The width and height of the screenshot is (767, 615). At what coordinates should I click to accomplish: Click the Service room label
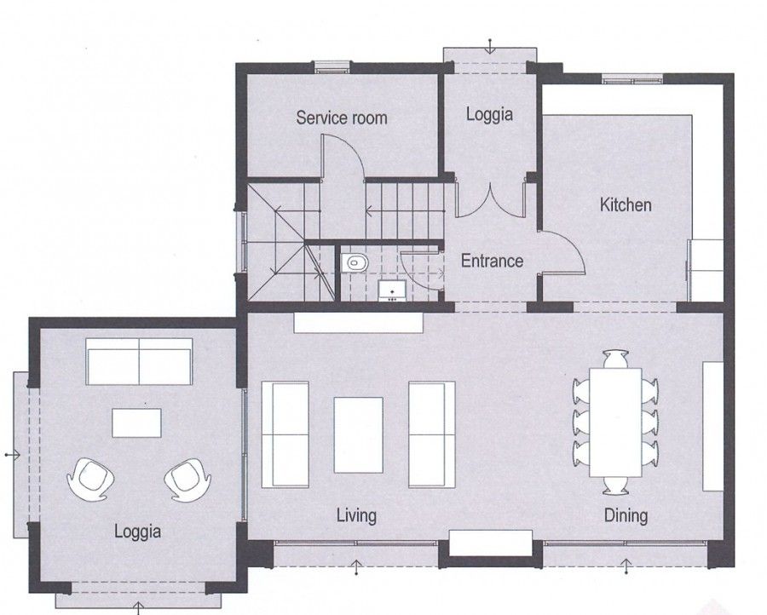coord(341,118)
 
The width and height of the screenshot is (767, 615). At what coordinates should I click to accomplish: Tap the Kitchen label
coord(626,205)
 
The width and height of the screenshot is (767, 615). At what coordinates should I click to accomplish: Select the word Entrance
coord(492,262)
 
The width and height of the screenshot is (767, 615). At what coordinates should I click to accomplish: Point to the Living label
coord(356,515)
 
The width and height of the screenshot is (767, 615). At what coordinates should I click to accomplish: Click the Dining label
coord(626,515)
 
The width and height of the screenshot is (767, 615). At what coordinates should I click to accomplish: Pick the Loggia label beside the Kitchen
coord(489,114)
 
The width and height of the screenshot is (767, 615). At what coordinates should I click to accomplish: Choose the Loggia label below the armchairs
coord(137,532)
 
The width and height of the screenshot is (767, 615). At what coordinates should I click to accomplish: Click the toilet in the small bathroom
coord(353,263)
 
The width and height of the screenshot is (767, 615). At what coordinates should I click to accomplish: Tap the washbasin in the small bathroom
coord(391,290)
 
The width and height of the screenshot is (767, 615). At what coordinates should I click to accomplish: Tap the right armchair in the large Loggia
coord(186,480)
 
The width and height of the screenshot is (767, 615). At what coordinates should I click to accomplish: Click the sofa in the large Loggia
coord(140,361)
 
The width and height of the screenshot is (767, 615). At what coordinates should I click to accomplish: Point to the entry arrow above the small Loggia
coord(490,46)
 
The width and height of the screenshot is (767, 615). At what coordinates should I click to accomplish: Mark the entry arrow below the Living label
coord(356,564)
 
